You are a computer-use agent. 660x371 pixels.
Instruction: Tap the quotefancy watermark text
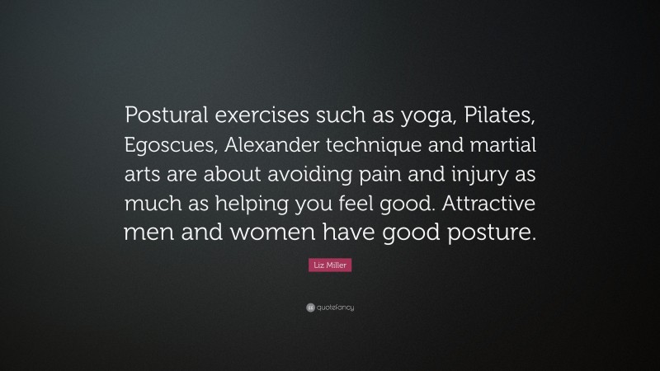tap(337, 308)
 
